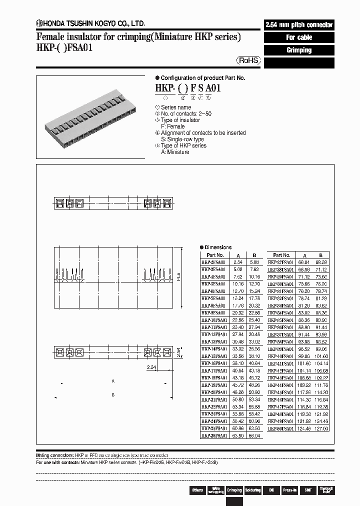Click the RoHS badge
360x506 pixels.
point(248,60)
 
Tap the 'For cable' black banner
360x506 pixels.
point(298,37)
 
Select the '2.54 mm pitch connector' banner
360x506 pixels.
point(298,25)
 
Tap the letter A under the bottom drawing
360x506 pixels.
point(113,381)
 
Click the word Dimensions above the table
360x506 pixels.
point(218,247)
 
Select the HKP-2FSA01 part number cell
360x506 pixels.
point(214,261)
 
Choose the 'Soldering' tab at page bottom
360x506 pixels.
point(253,490)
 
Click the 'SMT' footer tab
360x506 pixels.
point(308,490)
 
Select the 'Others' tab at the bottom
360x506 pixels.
point(197,490)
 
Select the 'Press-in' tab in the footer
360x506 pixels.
point(290,490)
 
